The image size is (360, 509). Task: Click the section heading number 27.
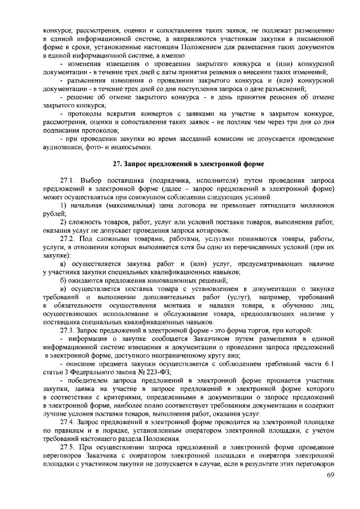(x=117, y=164)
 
